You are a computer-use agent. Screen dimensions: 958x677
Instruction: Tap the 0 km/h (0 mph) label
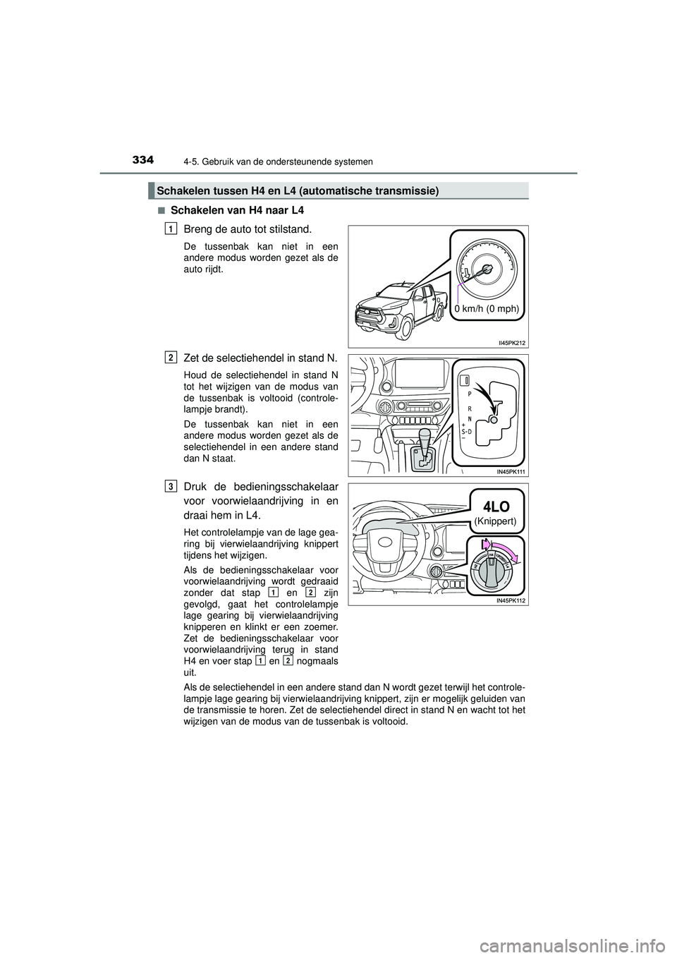point(487,309)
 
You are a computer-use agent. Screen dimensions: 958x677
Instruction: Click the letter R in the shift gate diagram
point(469,407)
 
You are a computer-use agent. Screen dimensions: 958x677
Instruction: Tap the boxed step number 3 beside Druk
point(172,486)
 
